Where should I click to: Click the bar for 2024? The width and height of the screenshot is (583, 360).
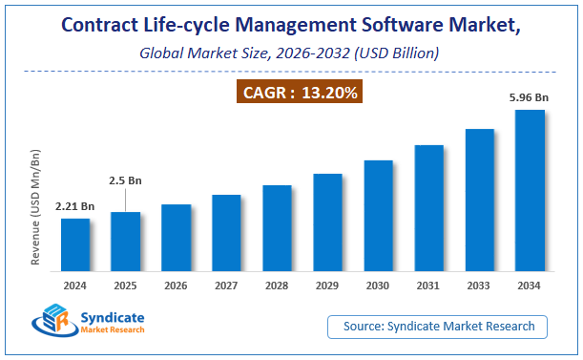[75, 246]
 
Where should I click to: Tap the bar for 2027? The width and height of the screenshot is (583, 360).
[226, 234]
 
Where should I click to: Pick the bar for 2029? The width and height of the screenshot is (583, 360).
[327, 223]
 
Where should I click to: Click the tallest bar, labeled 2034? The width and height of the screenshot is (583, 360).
[530, 191]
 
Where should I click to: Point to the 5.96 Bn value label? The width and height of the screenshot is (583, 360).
[530, 96]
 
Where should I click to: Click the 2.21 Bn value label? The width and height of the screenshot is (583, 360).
[74, 205]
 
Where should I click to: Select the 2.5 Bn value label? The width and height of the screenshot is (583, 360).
[125, 180]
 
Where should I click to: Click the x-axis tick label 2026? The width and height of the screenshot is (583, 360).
[176, 286]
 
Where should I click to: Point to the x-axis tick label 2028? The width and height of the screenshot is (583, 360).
[277, 286]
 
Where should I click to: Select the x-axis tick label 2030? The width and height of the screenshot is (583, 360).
[378, 286]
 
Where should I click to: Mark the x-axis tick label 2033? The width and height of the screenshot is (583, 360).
[479, 286]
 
